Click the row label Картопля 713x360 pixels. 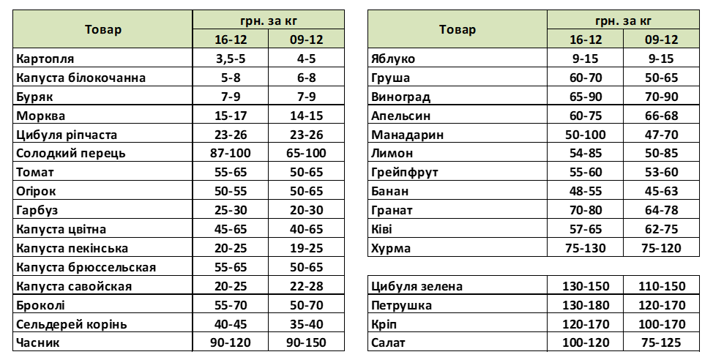tap(45, 59)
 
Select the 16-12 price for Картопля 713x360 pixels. tap(231, 59)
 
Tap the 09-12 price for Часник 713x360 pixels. tap(306, 342)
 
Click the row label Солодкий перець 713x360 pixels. tap(71, 154)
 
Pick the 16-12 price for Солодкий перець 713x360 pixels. tap(231, 153)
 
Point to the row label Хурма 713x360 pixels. tap(391, 248)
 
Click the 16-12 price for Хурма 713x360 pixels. tap(585, 248)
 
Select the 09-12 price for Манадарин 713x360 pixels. tap(661, 135)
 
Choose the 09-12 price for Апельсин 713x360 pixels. tap(661, 116)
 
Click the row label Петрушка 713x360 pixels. tap(401, 305)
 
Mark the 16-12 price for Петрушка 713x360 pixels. tap(585, 305)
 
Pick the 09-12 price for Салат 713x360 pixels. tap(661, 342)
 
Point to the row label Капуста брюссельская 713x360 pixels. tap(86, 267)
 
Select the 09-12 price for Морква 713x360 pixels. tap(306, 116)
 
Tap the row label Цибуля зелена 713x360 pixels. tap(417, 286)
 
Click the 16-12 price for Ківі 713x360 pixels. tap(585, 229)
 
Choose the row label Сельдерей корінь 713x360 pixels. tap(72, 325)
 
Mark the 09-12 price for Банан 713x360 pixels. tap(661, 192)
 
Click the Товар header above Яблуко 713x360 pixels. tap(458, 30)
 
